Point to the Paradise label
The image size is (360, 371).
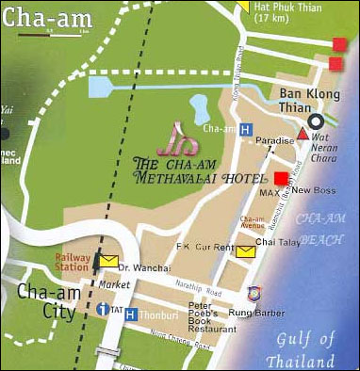274,140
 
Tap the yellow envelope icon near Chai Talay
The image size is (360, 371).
246,250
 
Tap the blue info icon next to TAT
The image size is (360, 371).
102,309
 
